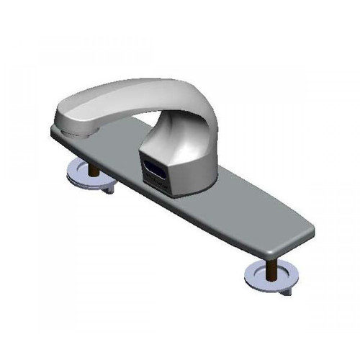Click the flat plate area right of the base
(x=252, y=209)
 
